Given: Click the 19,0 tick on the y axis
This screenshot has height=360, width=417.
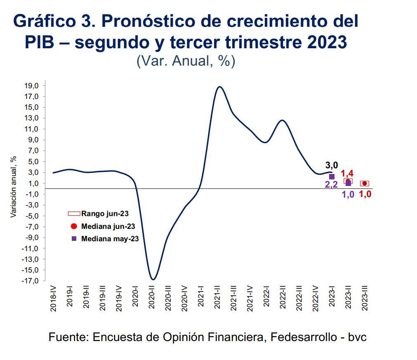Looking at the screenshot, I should [32, 86].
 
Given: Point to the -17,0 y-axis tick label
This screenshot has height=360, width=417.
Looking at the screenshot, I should [31, 281].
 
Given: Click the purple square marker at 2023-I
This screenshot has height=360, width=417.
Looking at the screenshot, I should [332, 176].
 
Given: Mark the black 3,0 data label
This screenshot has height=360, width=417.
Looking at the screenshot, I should [332, 165].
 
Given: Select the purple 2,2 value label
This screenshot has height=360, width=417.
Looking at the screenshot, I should [331, 185].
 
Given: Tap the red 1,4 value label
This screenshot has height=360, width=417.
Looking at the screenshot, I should [347, 174].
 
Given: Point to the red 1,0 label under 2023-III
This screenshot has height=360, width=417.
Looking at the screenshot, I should [365, 194].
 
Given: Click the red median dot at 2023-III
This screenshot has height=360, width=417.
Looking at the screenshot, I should [364, 184].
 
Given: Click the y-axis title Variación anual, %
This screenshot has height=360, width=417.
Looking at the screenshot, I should [14, 187].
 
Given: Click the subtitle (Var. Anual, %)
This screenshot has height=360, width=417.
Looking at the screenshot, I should [186, 61].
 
